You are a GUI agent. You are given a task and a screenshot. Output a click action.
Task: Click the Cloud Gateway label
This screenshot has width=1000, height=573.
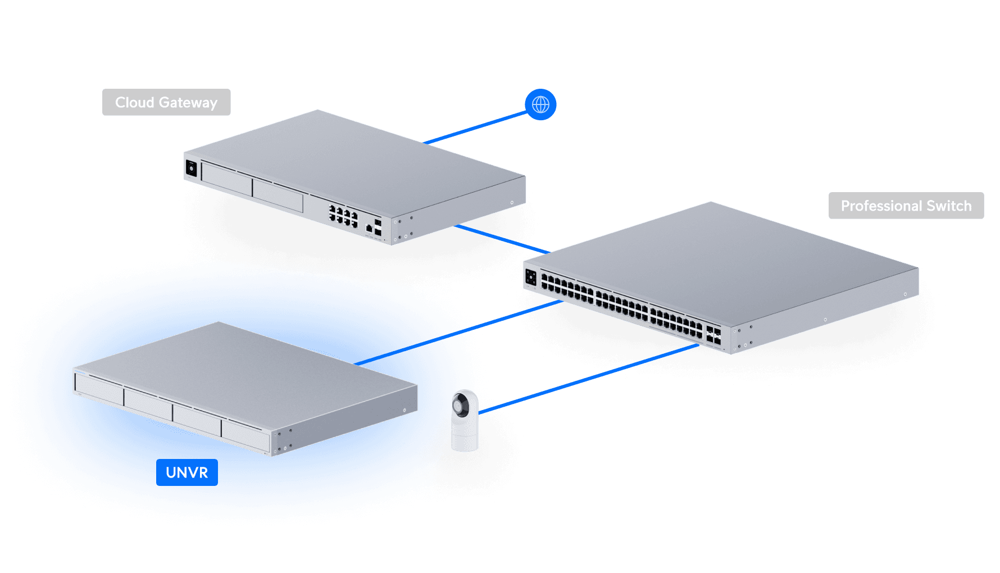point(166,102)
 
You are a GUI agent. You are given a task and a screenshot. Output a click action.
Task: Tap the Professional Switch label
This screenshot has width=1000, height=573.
point(906,206)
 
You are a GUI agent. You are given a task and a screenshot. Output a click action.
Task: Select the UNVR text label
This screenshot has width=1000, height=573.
point(187,472)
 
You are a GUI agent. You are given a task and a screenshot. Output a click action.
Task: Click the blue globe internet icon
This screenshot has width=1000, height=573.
point(540,104)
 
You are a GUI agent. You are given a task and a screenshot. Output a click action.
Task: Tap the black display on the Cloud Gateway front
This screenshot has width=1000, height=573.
point(191,169)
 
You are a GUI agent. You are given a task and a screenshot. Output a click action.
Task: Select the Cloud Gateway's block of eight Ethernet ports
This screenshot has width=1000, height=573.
point(343,216)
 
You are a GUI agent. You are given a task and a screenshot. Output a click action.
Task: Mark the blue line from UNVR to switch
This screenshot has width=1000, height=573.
point(511,317)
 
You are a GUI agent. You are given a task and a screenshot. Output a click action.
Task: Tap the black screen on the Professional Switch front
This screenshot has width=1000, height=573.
point(530,278)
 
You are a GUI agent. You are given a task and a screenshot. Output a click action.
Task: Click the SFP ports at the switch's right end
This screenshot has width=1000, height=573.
point(713,335)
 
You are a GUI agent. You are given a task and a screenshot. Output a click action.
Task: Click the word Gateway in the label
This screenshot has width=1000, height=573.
point(188,102)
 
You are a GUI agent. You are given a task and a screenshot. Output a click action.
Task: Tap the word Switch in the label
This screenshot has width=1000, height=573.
point(949,206)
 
